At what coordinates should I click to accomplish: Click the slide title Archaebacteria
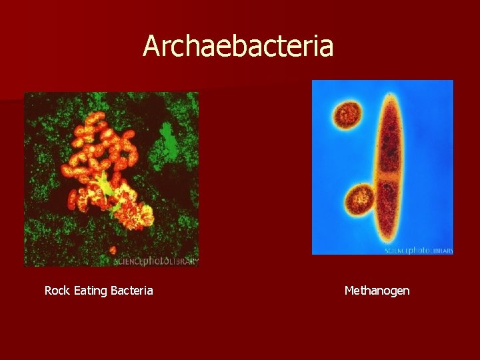(238, 47)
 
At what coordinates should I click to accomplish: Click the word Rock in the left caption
(57, 291)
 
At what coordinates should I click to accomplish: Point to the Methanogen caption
(377, 291)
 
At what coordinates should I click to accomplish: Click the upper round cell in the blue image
(347, 114)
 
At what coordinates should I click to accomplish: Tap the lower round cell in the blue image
(360, 199)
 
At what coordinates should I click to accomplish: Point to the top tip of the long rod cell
(390, 95)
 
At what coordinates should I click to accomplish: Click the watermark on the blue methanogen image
(418, 251)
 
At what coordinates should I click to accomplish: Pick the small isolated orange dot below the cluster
(112, 249)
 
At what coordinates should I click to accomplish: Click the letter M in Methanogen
(349, 291)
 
